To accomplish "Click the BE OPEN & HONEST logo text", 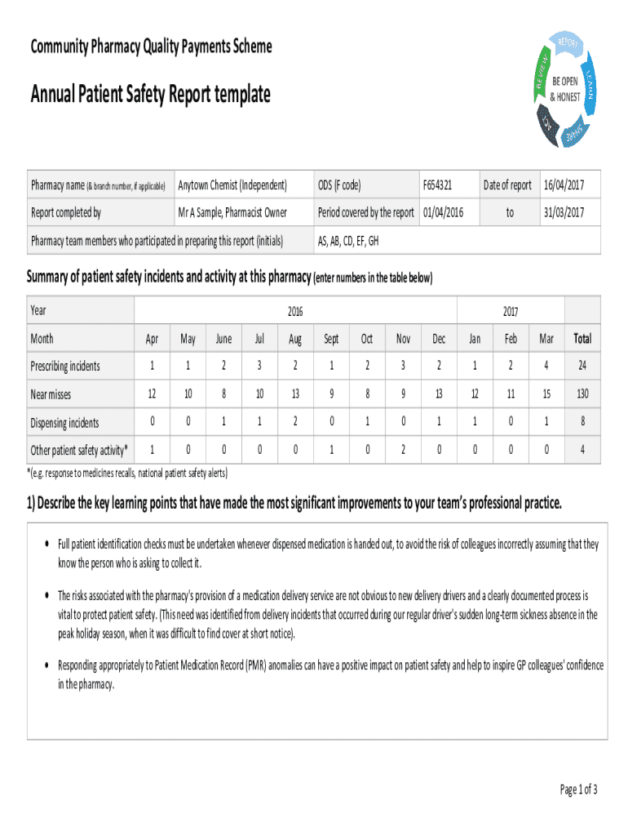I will coord(564,90).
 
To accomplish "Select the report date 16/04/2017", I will coord(564,185).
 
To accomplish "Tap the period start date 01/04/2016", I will coord(442,213).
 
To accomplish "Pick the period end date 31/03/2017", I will coord(564,213).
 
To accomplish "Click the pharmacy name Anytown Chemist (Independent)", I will coord(232,185).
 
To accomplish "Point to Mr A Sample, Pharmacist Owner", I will coord(232,213).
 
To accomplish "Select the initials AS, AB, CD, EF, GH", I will coord(347,241).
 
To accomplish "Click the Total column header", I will coord(582,338).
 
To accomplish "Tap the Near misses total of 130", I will coord(582,394).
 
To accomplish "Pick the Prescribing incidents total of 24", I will coord(582,367).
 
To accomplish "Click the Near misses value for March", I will coord(546,394).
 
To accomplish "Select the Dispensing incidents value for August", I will coord(294,423).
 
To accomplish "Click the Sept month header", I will coord(331,338).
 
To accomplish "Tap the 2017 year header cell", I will coord(511,311).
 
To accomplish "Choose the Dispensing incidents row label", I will coord(64,423).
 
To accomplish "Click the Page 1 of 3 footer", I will coord(578,789).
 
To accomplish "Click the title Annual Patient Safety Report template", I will coord(150,96).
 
